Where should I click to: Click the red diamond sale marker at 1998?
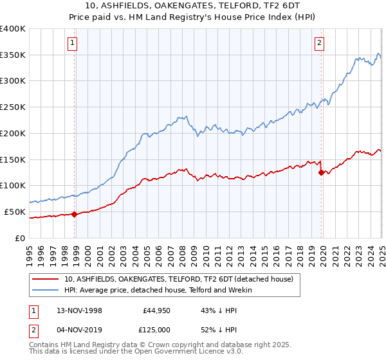(75, 214)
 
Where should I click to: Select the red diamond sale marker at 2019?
(321, 172)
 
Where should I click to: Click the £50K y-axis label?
(14, 212)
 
